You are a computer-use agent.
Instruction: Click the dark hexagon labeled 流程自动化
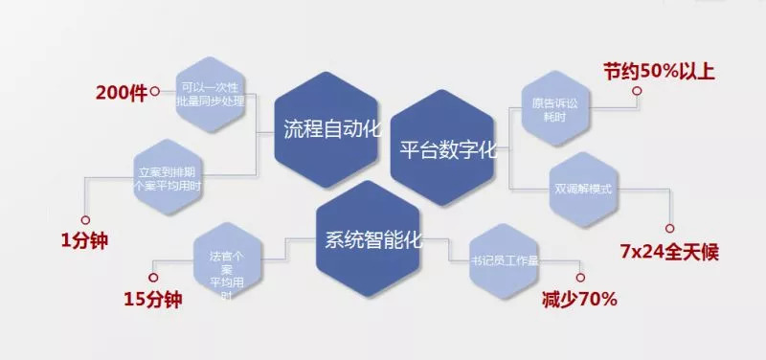click(331, 129)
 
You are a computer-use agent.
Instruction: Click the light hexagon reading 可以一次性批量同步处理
click(212, 94)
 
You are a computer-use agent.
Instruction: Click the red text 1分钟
click(84, 240)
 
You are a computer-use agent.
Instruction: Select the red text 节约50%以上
click(660, 72)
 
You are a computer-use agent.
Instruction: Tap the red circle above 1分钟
click(86, 219)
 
